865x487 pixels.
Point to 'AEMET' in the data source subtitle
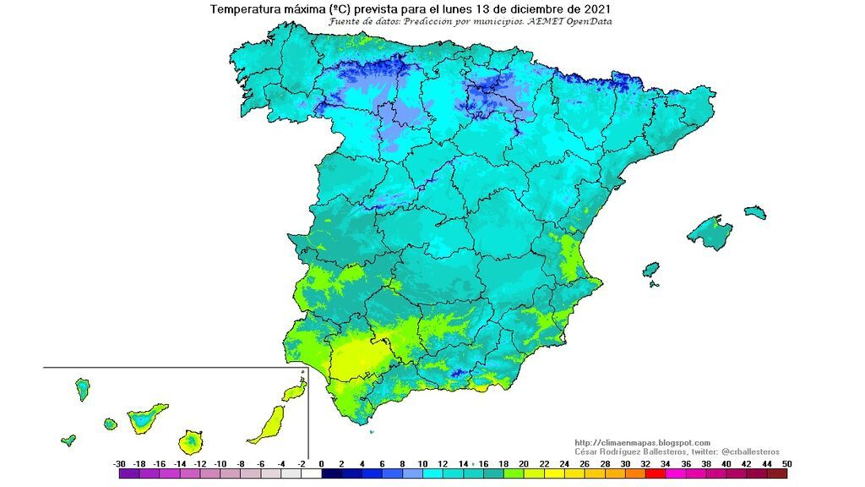pyautogui.click(x=541, y=21)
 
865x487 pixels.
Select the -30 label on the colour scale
pyautogui.click(x=119, y=464)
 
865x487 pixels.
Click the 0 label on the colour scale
pyautogui.click(x=321, y=464)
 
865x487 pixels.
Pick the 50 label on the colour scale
pyautogui.click(x=787, y=464)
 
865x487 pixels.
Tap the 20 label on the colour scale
pyautogui.click(x=524, y=464)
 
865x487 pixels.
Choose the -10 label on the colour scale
pyautogui.click(x=220, y=464)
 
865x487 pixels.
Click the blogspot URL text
pyautogui.click(x=642, y=442)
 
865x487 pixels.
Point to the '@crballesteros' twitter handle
pyautogui.click(x=751, y=451)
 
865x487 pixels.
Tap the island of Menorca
pyautogui.click(x=754, y=211)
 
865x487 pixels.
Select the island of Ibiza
pyautogui.click(x=650, y=271)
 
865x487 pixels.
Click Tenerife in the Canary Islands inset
pyautogui.click(x=147, y=418)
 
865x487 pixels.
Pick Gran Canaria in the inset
pyautogui.click(x=193, y=441)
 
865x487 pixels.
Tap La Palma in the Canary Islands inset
pyautogui.click(x=83, y=389)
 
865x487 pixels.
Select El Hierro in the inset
pyautogui.click(x=68, y=440)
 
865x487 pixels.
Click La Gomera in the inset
pyautogui.click(x=110, y=424)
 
